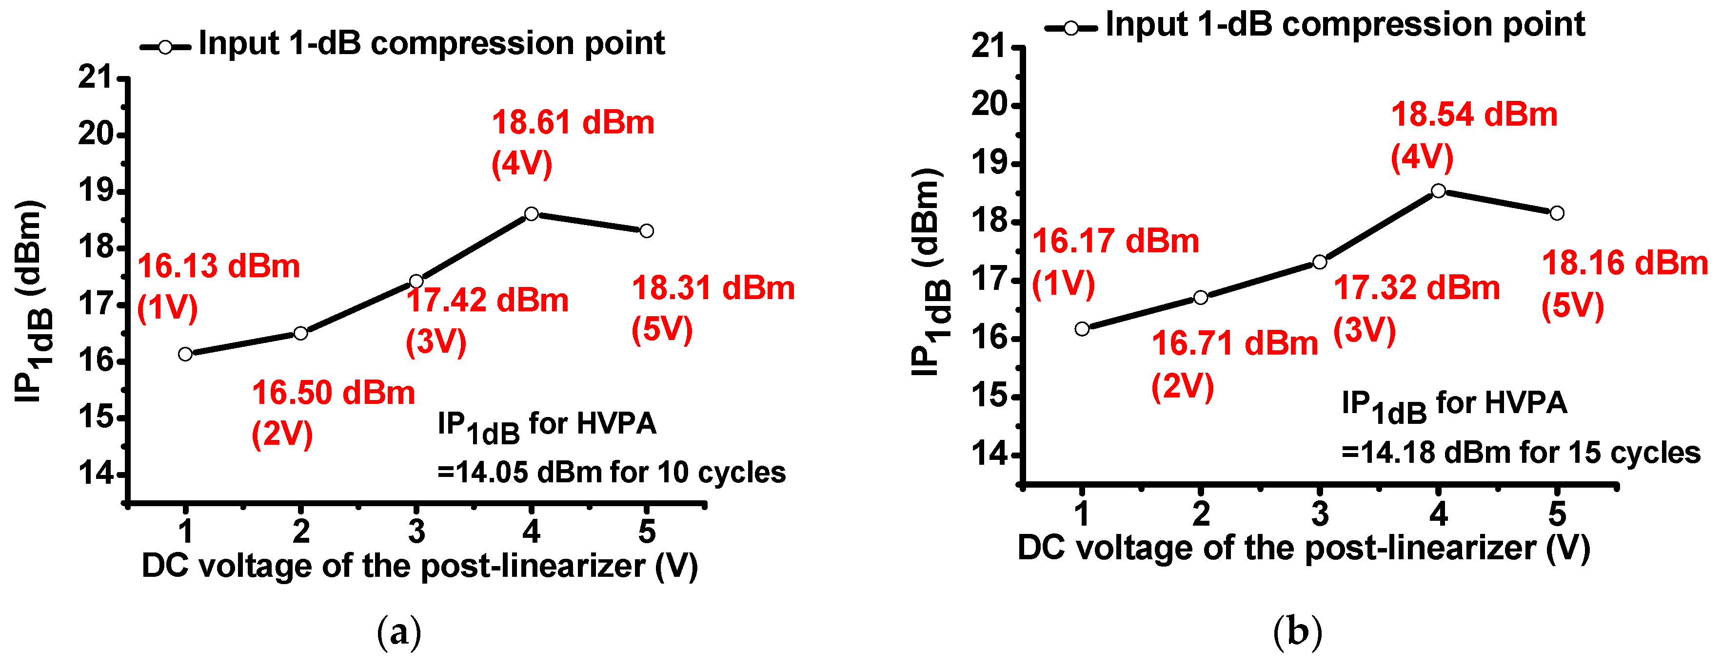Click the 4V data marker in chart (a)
point(532,214)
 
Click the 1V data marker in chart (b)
point(1082,329)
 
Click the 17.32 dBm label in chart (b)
point(1417,288)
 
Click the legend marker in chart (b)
point(1070,28)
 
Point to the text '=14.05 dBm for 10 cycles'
point(611,473)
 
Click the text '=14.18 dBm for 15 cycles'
point(1520,453)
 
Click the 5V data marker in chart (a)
point(646,230)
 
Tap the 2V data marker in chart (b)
point(1201,297)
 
